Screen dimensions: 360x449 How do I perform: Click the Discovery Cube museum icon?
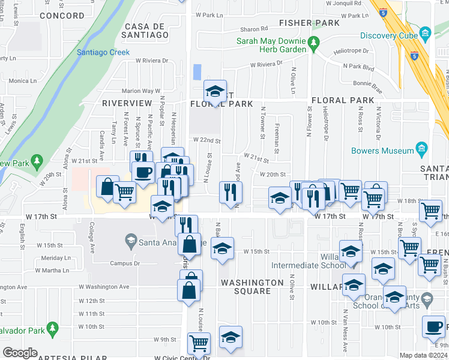click(426, 32)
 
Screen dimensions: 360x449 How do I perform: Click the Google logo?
click(20, 352)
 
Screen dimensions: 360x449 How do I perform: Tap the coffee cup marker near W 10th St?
click(433, 327)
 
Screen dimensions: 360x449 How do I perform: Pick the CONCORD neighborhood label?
click(62, 16)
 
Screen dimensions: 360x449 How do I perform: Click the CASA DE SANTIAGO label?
click(146, 31)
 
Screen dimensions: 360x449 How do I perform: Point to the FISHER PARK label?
click(310, 23)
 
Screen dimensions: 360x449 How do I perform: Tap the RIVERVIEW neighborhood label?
click(127, 103)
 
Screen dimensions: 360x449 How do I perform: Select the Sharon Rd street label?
click(254, 28)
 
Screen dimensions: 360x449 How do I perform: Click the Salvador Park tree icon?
click(52, 329)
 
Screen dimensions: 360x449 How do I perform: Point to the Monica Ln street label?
click(23, 80)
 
